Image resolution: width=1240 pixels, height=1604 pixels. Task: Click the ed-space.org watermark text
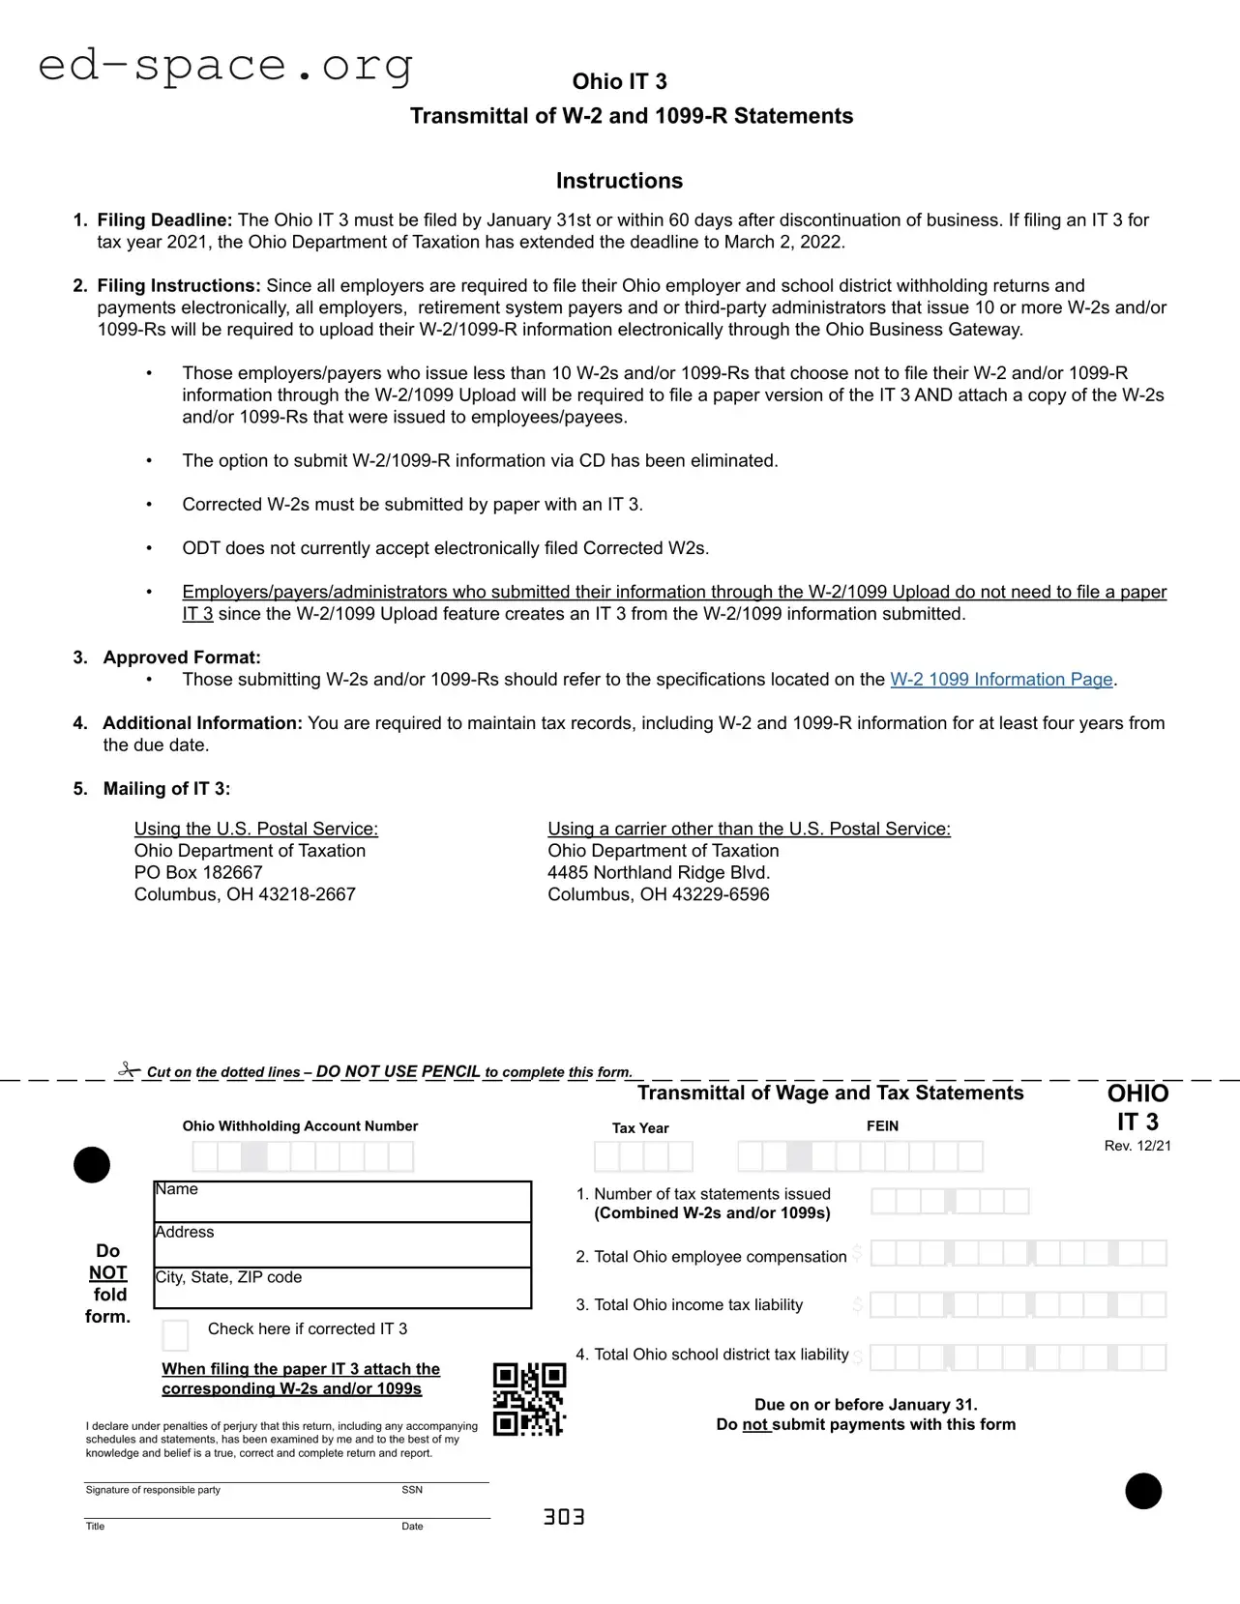point(225,66)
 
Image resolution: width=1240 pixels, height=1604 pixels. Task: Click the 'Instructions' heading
point(619,181)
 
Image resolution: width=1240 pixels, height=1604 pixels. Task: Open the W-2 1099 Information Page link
point(1001,680)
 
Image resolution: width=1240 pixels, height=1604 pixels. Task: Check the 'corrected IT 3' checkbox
point(175,1335)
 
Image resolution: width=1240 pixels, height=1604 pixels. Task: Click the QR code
point(529,1399)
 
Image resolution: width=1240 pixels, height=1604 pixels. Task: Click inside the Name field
point(342,1202)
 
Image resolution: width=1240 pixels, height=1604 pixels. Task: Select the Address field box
point(342,1245)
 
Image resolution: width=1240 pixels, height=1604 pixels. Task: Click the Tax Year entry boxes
point(643,1156)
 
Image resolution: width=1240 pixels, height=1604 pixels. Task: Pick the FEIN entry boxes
point(860,1156)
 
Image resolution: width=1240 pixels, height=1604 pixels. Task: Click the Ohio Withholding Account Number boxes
point(303,1156)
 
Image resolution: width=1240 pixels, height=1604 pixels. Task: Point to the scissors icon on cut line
point(129,1069)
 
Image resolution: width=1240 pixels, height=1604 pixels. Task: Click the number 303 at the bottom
point(564,1517)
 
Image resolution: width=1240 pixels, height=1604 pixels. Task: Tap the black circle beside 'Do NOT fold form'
point(92,1165)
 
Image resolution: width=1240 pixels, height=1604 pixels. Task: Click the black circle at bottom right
point(1143,1491)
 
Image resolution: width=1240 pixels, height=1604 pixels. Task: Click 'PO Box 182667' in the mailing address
point(198,872)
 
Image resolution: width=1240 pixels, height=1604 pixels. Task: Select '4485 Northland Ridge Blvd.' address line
point(659,872)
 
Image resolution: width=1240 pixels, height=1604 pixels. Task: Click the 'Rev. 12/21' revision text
point(1137,1146)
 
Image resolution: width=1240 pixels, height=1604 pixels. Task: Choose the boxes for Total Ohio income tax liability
point(1018,1305)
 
